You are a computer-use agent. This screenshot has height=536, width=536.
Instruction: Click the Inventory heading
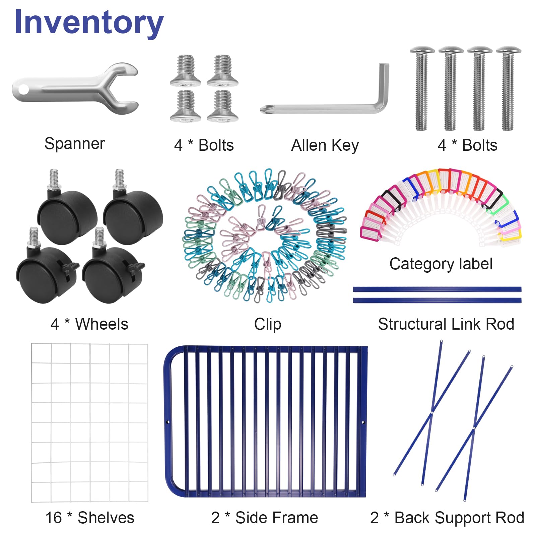89,22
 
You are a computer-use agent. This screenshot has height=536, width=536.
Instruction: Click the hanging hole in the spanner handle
23,90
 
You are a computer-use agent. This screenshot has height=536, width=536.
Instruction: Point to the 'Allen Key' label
325,146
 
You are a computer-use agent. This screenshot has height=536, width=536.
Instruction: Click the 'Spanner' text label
74,144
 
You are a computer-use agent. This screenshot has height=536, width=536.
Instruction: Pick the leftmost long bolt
422,89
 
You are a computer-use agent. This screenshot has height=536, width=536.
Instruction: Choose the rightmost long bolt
508,89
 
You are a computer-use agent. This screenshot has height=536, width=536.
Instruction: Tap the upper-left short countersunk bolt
186,70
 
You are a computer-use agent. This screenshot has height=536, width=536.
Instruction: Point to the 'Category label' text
441,264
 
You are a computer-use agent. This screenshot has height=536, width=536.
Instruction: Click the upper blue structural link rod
437,289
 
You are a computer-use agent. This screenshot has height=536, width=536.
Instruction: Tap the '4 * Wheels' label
89,324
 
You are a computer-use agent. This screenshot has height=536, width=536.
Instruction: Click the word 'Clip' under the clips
267,324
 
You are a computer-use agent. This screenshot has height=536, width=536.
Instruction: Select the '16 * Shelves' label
90,518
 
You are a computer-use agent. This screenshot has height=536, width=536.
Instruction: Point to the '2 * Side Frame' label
264,518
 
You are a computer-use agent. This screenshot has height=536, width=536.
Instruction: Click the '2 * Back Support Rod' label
447,518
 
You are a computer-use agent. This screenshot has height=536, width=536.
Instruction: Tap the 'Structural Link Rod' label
446,324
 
